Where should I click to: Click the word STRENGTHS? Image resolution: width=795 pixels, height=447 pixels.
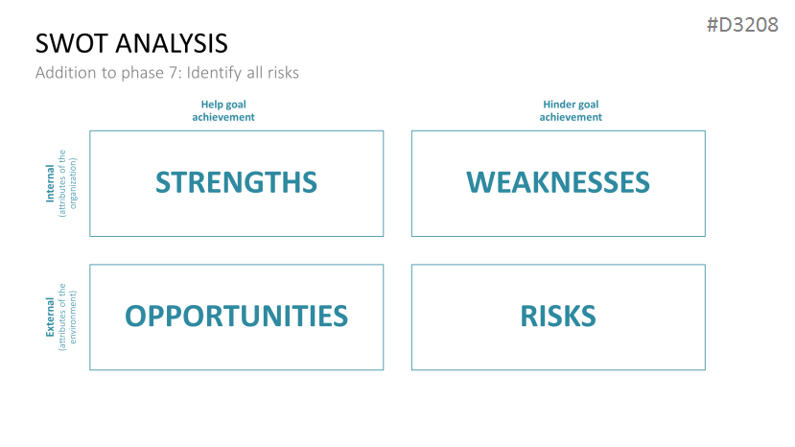point(236,182)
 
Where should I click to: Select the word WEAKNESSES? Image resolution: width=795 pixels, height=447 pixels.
point(558,182)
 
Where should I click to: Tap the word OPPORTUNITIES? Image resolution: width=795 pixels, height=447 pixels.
point(236,317)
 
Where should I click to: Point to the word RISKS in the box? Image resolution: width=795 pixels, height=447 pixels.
point(558,317)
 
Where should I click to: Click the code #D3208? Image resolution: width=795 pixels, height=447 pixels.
point(743,25)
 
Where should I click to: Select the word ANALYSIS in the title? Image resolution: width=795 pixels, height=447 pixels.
point(172,43)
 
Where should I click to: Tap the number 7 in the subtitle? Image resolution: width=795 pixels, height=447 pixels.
point(174,73)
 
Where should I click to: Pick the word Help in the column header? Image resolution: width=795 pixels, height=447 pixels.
point(212,105)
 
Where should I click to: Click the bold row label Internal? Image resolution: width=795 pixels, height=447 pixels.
point(50,183)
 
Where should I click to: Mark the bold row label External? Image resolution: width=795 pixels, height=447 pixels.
point(50,318)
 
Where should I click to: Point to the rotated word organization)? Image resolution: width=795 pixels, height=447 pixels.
point(74,183)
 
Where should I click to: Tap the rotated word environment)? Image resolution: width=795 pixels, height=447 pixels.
point(74,318)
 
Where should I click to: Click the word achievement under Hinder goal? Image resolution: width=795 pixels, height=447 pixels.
point(571,117)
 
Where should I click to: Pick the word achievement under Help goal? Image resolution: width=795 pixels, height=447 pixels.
point(223,117)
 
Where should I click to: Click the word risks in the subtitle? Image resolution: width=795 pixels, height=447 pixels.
point(283,73)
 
